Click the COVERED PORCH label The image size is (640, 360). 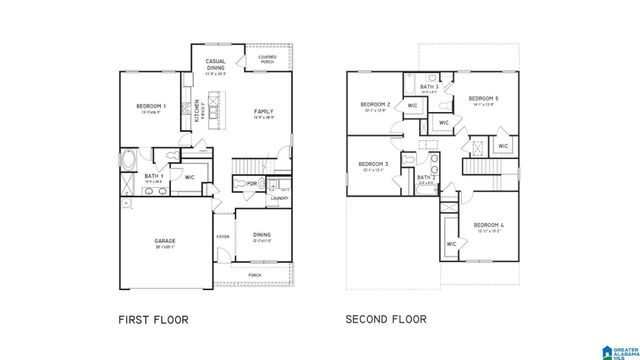[267, 59]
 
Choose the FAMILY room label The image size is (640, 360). [264, 111]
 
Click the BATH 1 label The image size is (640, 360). [153, 176]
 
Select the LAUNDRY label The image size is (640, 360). [279, 198]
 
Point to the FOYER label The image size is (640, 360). [222, 236]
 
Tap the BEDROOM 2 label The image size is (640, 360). [374, 104]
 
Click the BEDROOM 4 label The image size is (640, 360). [488, 224]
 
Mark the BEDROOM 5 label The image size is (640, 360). [484, 98]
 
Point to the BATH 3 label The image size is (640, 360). [430, 87]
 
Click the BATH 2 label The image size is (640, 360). [425, 177]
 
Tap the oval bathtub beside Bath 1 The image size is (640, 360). [128, 160]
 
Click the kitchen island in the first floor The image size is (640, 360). [209, 106]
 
